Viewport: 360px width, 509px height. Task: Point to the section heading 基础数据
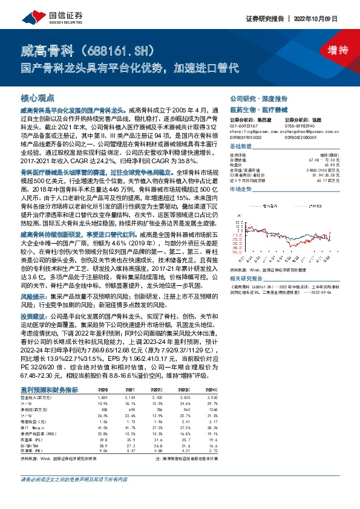(x=240, y=147)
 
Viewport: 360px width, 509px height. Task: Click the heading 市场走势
(x=240, y=189)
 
